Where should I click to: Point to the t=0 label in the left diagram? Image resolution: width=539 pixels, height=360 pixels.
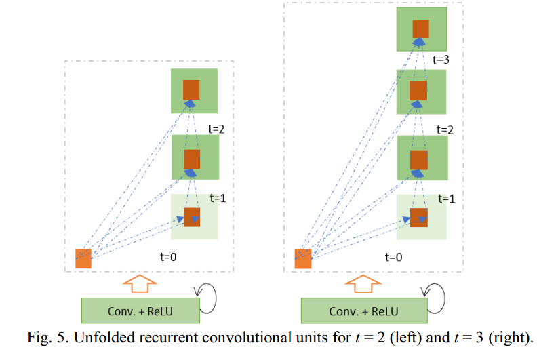167,257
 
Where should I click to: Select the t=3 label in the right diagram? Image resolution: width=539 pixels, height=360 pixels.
441,60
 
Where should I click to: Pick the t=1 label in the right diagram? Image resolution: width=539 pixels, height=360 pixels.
445,199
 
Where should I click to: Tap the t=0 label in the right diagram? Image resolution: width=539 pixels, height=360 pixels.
393,257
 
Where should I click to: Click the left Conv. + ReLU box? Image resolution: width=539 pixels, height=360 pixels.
140,311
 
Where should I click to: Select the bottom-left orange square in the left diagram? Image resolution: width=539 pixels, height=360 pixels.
83,258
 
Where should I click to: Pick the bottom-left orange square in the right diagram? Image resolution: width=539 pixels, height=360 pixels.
303,258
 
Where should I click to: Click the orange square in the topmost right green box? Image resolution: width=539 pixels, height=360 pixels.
421,28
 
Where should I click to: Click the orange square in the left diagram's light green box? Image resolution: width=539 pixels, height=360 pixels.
193,217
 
